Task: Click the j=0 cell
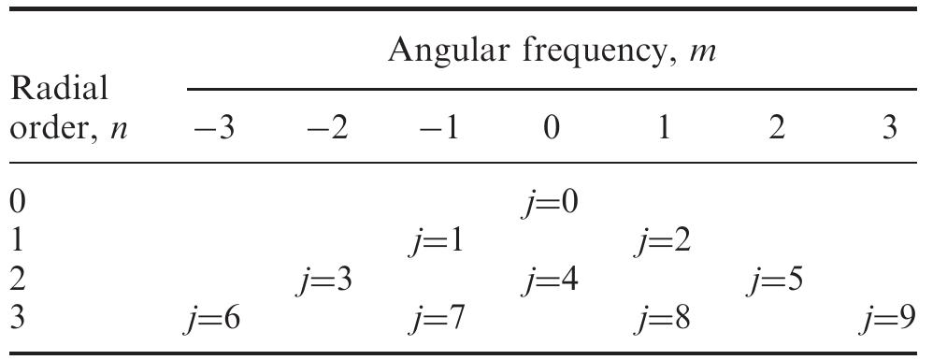pos(552,203)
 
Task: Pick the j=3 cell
pos(323,281)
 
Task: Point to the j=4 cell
pos(552,281)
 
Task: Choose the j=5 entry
pos(777,281)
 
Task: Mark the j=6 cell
pos(211,320)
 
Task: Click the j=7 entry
pos(438,320)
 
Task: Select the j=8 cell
pos(664,320)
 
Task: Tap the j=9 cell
pos(888,320)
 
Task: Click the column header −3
pos(213,128)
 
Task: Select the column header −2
pos(326,128)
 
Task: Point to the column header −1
pos(438,128)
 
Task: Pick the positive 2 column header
pos(776,128)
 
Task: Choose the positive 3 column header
pos(888,128)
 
